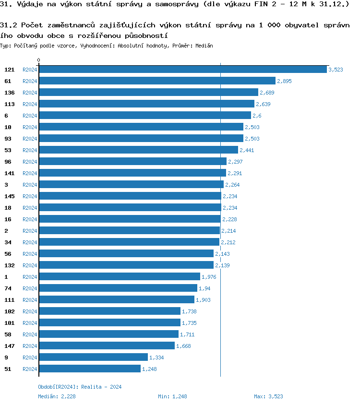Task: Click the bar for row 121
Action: [x=182, y=70]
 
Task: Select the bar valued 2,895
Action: [x=157, y=81]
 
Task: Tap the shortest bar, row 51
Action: [x=90, y=369]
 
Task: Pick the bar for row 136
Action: [x=148, y=93]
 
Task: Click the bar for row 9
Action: [x=93, y=357]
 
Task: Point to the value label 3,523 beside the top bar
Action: [x=336, y=70]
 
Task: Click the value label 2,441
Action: [x=247, y=150]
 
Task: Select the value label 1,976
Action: [x=209, y=277]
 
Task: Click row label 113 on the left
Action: [x=10, y=104]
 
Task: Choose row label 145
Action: [x=10, y=196]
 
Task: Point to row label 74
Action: [x=8, y=288]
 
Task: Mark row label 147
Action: [x=10, y=346]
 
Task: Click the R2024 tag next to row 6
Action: [x=30, y=116]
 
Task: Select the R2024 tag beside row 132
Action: [x=30, y=265]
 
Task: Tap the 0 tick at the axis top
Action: [x=39, y=60]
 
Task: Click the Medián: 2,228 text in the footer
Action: [x=57, y=396]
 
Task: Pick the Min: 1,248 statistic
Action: [x=172, y=396]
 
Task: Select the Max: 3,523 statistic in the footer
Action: [x=268, y=396]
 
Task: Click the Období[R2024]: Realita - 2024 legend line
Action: [x=80, y=387]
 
